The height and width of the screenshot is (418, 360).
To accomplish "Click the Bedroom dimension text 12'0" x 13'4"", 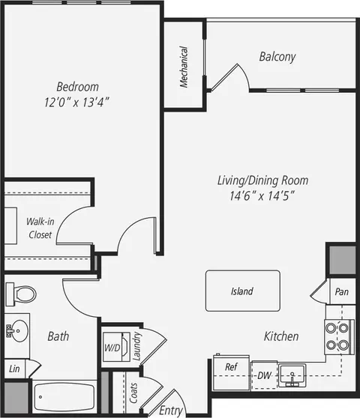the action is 76,102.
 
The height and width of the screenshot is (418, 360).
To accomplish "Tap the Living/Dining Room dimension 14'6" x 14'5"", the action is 262,196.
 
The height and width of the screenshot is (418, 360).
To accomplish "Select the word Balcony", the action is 277,57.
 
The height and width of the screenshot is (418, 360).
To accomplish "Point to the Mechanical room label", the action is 184,67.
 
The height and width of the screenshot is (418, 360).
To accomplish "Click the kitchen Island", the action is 243,291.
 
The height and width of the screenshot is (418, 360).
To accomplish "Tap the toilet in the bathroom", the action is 21,294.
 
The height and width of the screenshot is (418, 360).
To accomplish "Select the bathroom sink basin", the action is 19,331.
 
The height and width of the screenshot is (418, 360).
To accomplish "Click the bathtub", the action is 64,397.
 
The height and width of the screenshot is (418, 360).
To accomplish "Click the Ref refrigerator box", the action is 231,372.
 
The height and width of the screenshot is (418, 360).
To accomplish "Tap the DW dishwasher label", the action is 264,375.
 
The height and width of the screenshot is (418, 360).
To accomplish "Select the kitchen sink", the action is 292,375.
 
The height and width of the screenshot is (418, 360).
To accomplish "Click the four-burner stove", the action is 340,336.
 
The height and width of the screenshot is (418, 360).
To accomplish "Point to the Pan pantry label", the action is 342,291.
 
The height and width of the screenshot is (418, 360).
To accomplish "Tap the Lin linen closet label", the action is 14,369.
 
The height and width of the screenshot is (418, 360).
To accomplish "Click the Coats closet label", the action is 133,393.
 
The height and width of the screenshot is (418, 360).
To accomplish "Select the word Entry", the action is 171,411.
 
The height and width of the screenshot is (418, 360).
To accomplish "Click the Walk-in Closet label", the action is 40,228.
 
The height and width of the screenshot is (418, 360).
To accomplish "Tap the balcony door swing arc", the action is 244,74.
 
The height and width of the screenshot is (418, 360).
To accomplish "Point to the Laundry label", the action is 136,346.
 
